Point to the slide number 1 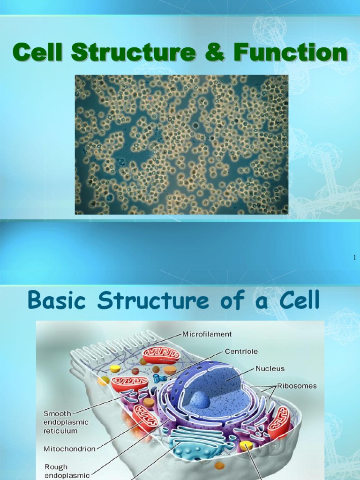click(x=354, y=257)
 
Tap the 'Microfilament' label click(x=206, y=334)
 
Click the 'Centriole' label click(x=241, y=351)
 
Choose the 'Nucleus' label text click(x=270, y=368)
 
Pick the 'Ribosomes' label click(x=297, y=386)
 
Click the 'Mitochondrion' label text click(x=69, y=449)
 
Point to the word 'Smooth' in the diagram click(x=57, y=413)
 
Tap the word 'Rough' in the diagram click(x=56, y=466)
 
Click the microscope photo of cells click(x=181, y=144)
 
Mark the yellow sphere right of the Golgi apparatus click(x=246, y=445)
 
